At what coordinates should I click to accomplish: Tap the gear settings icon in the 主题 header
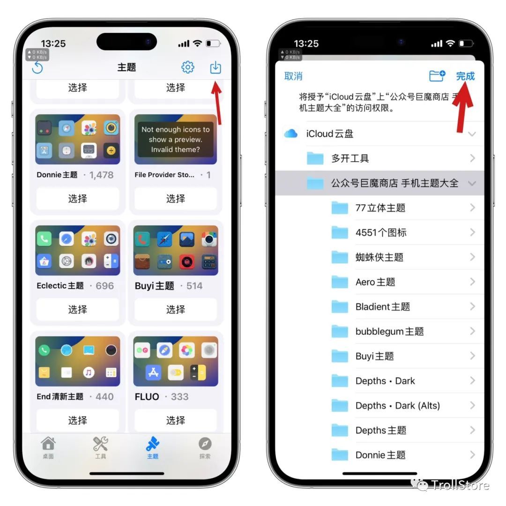click(x=188, y=67)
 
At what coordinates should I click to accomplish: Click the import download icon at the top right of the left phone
click(x=216, y=67)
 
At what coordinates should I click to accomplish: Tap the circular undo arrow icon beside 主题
click(x=37, y=67)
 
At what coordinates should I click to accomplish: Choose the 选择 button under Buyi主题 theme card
click(x=176, y=310)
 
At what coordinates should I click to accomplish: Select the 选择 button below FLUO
click(x=176, y=420)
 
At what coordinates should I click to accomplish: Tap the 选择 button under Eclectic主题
click(x=77, y=310)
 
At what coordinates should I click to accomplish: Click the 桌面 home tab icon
click(x=48, y=444)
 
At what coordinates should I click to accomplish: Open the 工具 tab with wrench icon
click(x=100, y=444)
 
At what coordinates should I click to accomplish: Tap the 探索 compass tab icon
click(x=205, y=444)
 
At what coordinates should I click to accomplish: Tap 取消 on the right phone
click(x=293, y=76)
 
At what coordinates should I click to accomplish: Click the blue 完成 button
click(x=465, y=76)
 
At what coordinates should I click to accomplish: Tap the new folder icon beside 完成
click(x=437, y=76)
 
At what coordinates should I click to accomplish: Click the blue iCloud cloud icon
click(x=291, y=133)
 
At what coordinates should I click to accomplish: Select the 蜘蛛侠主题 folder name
click(x=379, y=257)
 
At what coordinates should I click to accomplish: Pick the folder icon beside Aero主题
click(x=340, y=282)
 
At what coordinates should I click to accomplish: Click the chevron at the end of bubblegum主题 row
click(x=472, y=331)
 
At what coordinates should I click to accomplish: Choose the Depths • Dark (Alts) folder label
click(x=398, y=406)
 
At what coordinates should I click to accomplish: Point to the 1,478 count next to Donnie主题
click(x=101, y=175)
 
